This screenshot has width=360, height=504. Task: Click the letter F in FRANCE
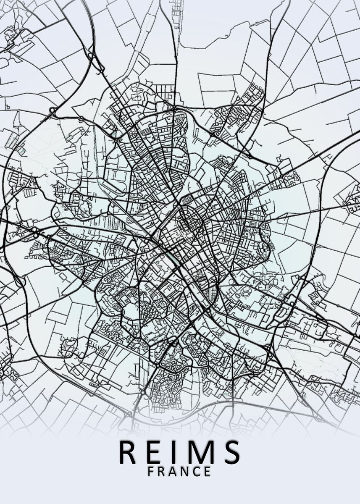pos(151,472)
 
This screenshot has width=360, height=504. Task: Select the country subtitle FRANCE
pos(179,472)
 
